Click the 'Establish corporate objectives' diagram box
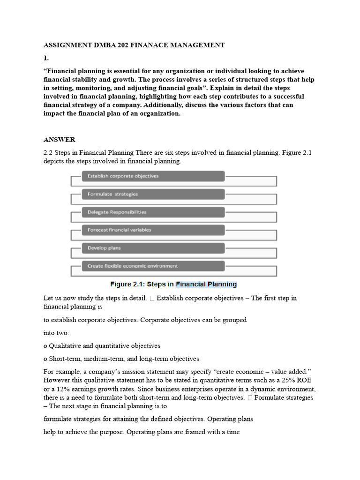click(x=153, y=176)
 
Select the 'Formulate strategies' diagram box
click(x=153, y=194)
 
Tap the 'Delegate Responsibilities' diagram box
click(x=153, y=212)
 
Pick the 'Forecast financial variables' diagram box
click(x=153, y=230)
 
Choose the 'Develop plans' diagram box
click(x=153, y=248)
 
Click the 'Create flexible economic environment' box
click(x=153, y=266)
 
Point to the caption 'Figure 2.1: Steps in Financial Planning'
click(x=173, y=284)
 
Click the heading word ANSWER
click(x=59, y=140)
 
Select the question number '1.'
click(x=46, y=59)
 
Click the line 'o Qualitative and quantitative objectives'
click(x=102, y=346)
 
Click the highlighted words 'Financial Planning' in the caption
click(x=206, y=284)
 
